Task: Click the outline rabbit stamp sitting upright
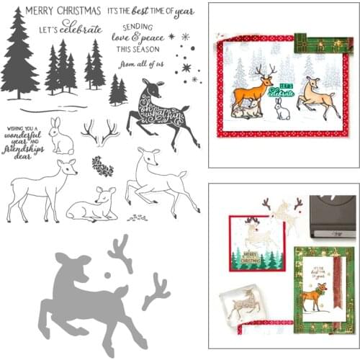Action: [x=62, y=137]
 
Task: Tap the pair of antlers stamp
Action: [x=99, y=132]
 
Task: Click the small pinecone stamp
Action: [x=105, y=168]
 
